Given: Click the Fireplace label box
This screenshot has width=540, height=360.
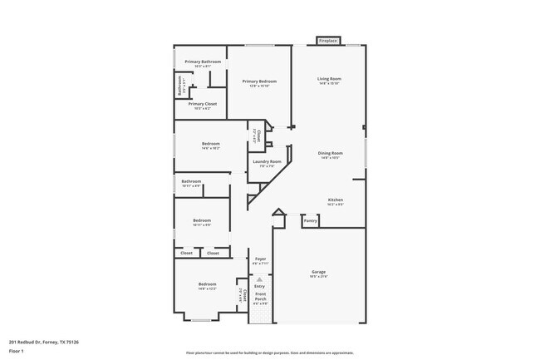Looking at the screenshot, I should (327, 40).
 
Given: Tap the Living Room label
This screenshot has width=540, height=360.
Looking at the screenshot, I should (330, 79).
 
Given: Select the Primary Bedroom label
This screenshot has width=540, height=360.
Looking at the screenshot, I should (259, 81).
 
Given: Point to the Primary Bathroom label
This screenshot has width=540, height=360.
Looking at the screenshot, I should (203, 62).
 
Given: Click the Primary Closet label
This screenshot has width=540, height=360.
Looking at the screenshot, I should (202, 104).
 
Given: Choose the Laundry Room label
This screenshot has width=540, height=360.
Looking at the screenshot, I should (267, 161).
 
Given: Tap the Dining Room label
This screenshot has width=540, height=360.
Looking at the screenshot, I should (331, 153).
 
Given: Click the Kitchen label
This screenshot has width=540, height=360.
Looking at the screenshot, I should (336, 200).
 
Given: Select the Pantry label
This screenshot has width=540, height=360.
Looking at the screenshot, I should (311, 220).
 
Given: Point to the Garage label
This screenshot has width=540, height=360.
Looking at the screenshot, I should (318, 272).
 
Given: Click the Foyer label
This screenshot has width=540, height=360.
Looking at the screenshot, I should (260, 259).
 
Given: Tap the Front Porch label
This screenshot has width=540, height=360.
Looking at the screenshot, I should (261, 297).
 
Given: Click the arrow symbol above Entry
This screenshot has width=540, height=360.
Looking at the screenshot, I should (260, 279).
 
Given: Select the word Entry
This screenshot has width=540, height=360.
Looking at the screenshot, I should (260, 286).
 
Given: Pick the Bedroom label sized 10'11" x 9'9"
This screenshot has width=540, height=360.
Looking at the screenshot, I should (202, 220).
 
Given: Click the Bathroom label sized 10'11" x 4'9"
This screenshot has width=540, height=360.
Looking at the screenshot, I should (192, 181).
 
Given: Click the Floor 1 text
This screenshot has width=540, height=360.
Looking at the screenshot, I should (17, 350).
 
